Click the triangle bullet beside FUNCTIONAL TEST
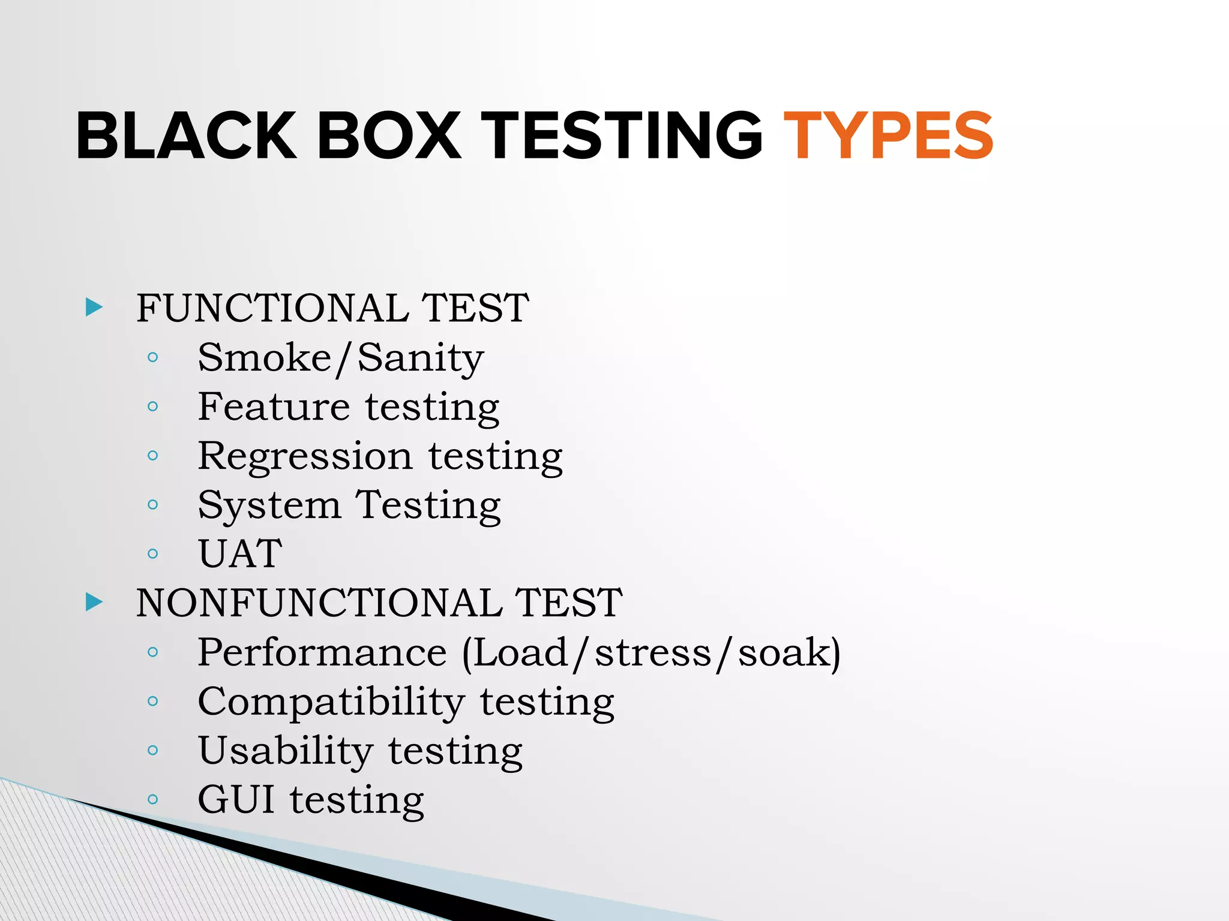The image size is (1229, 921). [x=94, y=307]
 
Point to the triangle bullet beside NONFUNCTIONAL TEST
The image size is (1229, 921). [x=94, y=602]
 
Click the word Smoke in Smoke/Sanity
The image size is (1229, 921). [x=265, y=357]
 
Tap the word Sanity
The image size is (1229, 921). [x=421, y=359]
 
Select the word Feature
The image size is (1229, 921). [x=274, y=407]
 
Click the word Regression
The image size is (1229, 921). [x=305, y=457]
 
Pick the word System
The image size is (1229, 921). [x=269, y=506]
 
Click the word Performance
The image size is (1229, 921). [x=322, y=652]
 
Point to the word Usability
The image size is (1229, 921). [x=286, y=751]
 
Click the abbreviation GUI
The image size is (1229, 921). [x=236, y=799]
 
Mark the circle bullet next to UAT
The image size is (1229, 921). [x=153, y=553]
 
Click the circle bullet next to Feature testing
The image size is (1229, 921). [x=153, y=407]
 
